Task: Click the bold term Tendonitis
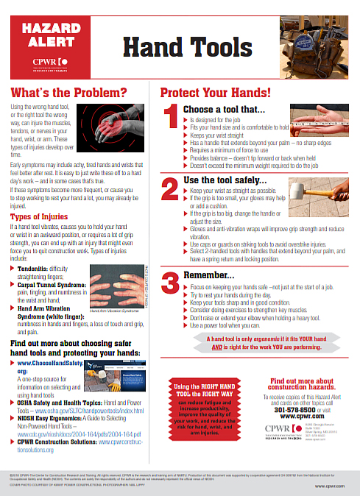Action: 35,269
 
